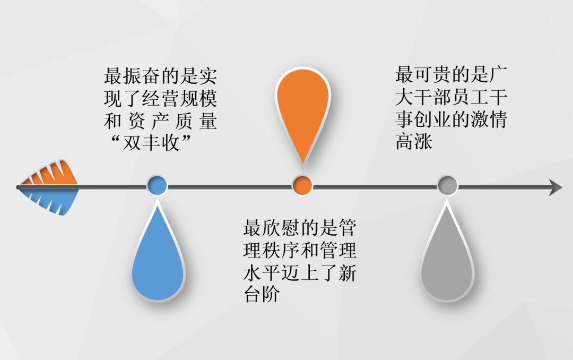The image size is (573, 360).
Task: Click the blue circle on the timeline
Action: pos(157,186)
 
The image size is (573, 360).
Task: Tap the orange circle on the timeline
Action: pos(302,186)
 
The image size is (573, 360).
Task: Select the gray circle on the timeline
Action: pos(447,186)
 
